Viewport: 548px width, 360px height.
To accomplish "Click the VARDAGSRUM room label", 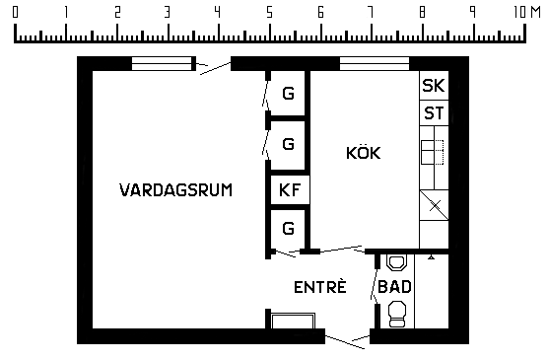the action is pyautogui.click(x=175, y=190).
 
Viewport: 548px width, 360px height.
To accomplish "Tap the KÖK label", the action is pyautogui.click(x=364, y=153).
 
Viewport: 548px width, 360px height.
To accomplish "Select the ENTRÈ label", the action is pyautogui.click(x=320, y=287).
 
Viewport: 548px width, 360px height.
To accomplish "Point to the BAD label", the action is pyautogui.click(x=394, y=287).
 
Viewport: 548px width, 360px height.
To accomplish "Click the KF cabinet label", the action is pyautogui.click(x=290, y=190).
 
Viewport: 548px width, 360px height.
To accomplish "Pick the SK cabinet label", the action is pyautogui.click(x=434, y=86).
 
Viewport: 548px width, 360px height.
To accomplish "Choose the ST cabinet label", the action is pyautogui.click(x=434, y=113).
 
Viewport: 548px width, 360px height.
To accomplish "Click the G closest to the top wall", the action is pyautogui.click(x=289, y=94).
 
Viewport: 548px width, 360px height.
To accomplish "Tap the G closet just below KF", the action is pyautogui.click(x=289, y=229).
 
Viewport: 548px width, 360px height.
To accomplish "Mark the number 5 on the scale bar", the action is pyautogui.click(x=269, y=13).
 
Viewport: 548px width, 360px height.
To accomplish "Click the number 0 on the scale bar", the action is pyautogui.click(x=15, y=12).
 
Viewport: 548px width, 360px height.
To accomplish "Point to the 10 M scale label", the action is pyautogui.click(x=527, y=12).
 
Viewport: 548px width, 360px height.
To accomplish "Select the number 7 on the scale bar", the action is pyautogui.click(x=371, y=12).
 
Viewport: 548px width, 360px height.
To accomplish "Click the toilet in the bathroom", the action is pyautogui.click(x=397, y=314).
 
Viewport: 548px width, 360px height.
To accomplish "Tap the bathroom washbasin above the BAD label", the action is pyautogui.click(x=397, y=262).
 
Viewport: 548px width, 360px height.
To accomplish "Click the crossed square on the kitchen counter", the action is pyautogui.click(x=434, y=205).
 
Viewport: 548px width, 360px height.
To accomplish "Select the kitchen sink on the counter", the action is pyautogui.click(x=433, y=152).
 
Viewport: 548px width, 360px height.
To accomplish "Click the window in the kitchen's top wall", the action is pyautogui.click(x=375, y=64).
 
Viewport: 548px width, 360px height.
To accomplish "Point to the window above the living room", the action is pyautogui.click(x=164, y=64).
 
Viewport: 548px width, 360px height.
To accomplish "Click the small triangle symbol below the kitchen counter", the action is pyautogui.click(x=432, y=257).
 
